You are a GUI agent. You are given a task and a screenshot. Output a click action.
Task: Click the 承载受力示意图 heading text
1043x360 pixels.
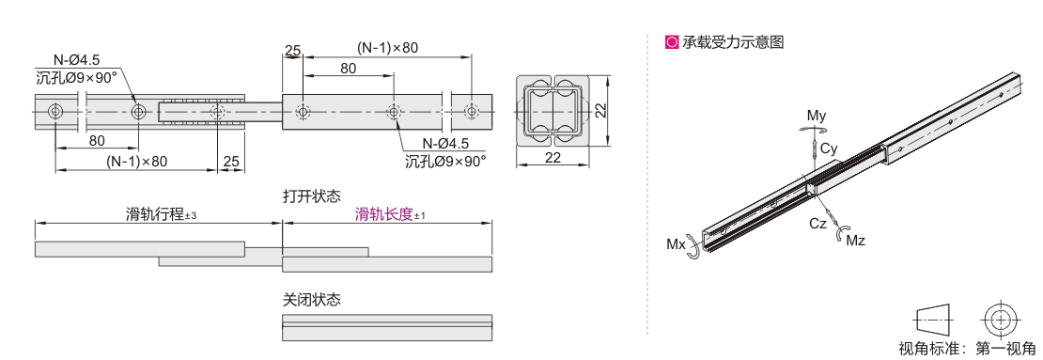point(733,42)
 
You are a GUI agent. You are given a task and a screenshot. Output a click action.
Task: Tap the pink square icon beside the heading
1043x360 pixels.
point(672,42)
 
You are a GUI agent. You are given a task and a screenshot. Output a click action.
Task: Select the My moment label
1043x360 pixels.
point(817,116)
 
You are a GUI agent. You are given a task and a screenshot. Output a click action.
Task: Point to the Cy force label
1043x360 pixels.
point(829,149)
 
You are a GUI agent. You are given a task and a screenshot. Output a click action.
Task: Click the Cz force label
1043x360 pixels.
point(818,224)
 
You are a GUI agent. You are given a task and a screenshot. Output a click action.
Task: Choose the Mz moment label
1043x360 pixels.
point(855,241)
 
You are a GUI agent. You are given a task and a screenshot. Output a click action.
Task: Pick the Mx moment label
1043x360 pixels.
point(676,244)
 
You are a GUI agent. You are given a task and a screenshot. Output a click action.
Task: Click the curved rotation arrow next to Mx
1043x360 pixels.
point(694,246)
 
